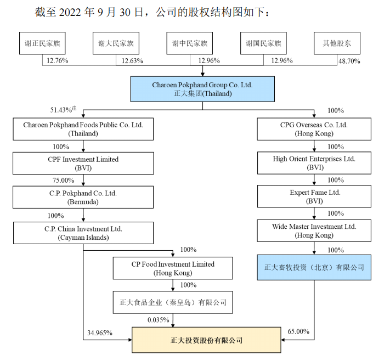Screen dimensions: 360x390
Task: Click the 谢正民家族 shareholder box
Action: [x=42, y=43]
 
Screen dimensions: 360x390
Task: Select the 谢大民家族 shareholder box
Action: [x=116, y=43]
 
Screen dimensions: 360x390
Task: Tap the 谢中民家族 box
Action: [x=189, y=43]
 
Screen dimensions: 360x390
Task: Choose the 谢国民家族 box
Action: [x=263, y=43]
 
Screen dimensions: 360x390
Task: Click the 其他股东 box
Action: [x=336, y=43]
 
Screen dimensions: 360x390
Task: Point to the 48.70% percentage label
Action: [x=349, y=61]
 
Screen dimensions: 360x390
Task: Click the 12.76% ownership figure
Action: [x=58, y=60]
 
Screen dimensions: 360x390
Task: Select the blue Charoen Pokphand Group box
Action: [x=202, y=89]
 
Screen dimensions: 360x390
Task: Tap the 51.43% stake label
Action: [x=62, y=111]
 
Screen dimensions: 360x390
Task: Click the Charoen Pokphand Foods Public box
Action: [x=83, y=129]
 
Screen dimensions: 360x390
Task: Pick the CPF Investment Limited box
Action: [x=83, y=163]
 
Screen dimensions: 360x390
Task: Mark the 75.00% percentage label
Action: [x=64, y=180]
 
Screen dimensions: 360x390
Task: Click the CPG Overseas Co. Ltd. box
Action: [x=314, y=129]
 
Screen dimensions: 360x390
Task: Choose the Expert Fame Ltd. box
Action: [x=314, y=197]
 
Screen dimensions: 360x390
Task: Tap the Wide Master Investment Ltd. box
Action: [x=314, y=230]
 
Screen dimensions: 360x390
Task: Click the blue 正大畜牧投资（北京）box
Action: [x=314, y=268]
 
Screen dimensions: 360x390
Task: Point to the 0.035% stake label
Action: [x=159, y=319]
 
